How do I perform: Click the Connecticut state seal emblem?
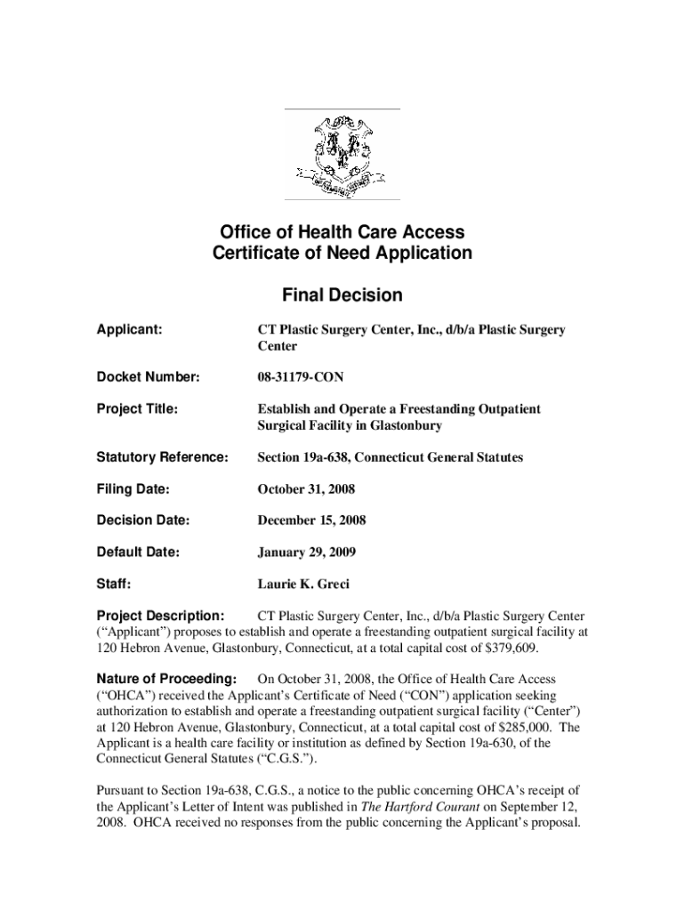pyautogui.click(x=342, y=154)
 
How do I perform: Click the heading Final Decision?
pyautogui.click(x=342, y=294)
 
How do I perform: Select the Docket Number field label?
pyautogui.click(x=148, y=378)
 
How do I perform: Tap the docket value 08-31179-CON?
pyautogui.click(x=301, y=378)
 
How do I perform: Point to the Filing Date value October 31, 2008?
pyautogui.click(x=307, y=488)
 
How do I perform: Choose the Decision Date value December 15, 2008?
pyautogui.click(x=311, y=520)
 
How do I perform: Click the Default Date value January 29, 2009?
pyautogui.click(x=307, y=552)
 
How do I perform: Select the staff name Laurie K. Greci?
pyautogui.click(x=303, y=584)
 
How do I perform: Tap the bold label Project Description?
pyautogui.click(x=160, y=616)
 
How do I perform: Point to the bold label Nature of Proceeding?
pyautogui.click(x=166, y=680)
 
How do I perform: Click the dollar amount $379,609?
pyautogui.click(x=509, y=649)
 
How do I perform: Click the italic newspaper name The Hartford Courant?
pyautogui.click(x=406, y=807)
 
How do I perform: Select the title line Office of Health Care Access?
pyautogui.click(x=342, y=232)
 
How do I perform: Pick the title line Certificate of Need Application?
pyautogui.click(x=342, y=254)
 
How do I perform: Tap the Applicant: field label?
pyautogui.click(x=129, y=330)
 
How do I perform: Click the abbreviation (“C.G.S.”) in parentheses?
pyautogui.click(x=277, y=759)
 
